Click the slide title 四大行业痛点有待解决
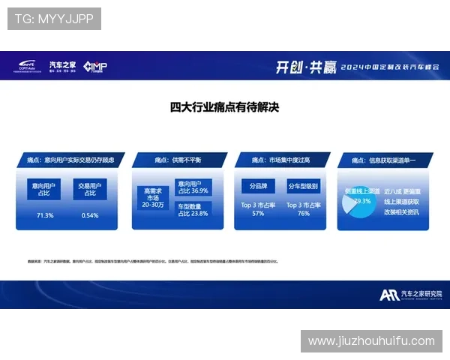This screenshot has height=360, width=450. (225, 107)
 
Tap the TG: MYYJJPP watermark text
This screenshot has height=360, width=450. (53, 18)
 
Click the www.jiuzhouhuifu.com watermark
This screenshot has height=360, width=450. (371, 341)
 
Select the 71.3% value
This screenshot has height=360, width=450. (45, 215)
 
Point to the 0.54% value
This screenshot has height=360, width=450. (89, 215)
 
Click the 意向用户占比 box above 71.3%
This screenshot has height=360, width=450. (45, 189)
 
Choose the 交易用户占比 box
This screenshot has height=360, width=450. (89, 189)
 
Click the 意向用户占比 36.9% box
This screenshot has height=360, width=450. (193, 187)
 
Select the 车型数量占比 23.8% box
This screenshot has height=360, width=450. (193, 209)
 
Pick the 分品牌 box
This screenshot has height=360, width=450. (258, 185)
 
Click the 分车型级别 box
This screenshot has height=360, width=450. (303, 185)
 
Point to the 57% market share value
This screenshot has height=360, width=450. (258, 213)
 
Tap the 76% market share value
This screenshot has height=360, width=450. (303, 213)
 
